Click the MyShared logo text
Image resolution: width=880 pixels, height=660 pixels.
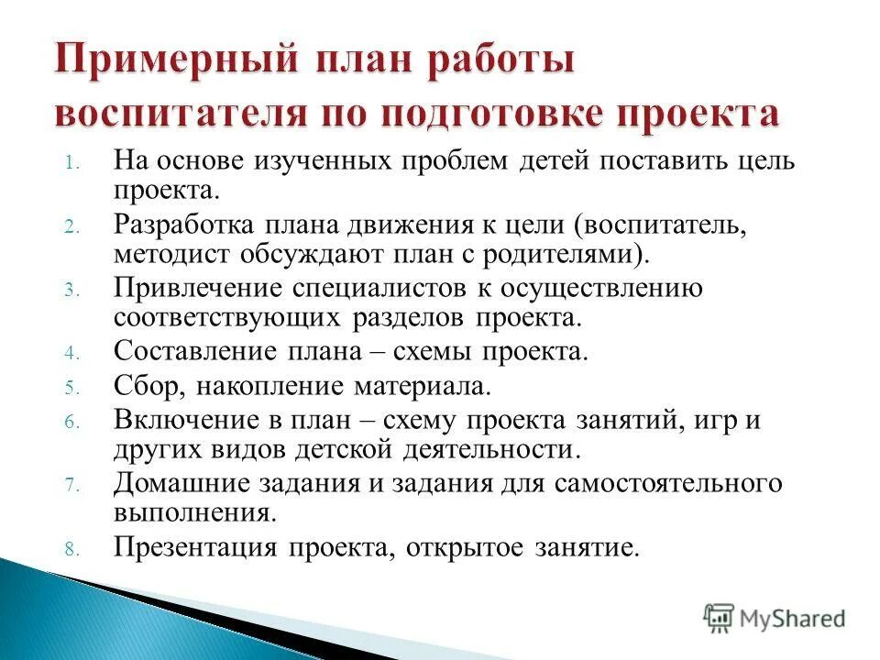794,618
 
